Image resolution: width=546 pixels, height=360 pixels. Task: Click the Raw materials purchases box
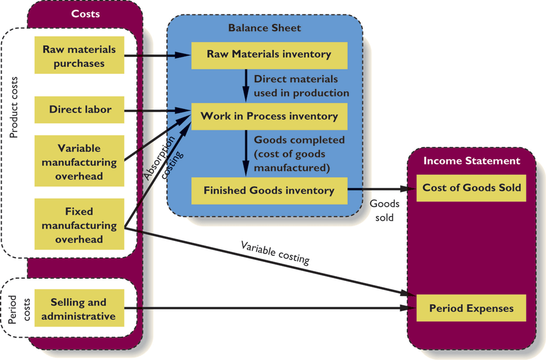click(x=79, y=56)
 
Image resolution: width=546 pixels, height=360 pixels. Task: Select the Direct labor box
click(x=79, y=110)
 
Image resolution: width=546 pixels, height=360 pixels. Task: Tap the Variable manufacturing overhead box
click(x=79, y=162)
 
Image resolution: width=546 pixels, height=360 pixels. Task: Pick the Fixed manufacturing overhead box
click(x=79, y=225)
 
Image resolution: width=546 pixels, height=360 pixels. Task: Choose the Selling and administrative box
click(x=79, y=309)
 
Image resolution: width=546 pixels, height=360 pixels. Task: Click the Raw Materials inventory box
click(x=269, y=55)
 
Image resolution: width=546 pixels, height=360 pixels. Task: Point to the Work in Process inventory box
click(x=269, y=116)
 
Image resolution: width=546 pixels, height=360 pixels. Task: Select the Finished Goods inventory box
click(x=269, y=191)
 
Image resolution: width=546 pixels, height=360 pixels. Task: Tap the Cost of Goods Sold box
click(x=471, y=188)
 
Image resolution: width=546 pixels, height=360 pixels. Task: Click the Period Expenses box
click(x=471, y=308)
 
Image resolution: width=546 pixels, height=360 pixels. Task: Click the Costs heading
click(x=86, y=13)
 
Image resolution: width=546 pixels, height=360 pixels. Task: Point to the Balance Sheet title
click(x=264, y=28)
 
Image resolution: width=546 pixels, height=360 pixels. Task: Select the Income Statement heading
click(x=471, y=161)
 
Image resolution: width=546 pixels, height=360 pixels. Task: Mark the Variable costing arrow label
click(x=275, y=252)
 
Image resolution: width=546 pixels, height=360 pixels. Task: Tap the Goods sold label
click(x=385, y=210)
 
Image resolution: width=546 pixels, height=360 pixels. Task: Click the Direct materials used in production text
click(x=301, y=86)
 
